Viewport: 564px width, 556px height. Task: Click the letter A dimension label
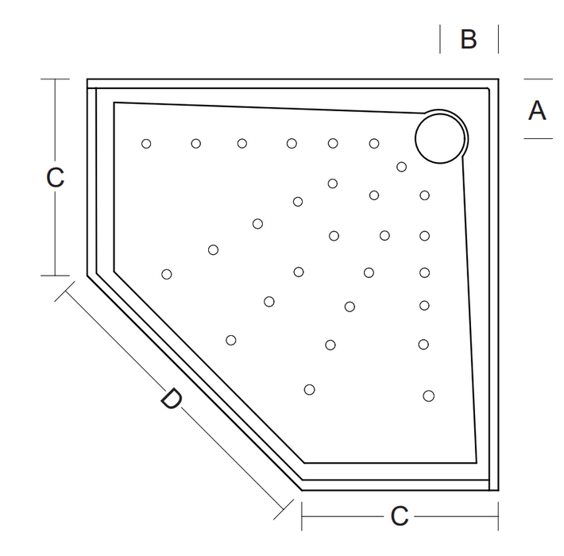pyautogui.click(x=537, y=110)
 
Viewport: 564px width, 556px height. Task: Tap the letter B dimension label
pyautogui.click(x=469, y=39)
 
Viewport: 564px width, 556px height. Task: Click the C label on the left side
pyautogui.click(x=55, y=178)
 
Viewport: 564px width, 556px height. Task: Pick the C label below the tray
pyautogui.click(x=399, y=517)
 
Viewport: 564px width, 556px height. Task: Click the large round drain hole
pyautogui.click(x=439, y=137)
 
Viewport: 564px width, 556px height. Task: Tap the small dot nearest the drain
pyautogui.click(x=402, y=167)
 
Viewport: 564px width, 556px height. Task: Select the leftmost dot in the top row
pyautogui.click(x=146, y=144)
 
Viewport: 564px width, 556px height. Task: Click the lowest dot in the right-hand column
pyautogui.click(x=429, y=396)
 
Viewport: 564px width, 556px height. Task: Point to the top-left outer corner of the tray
pyautogui.click(x=87, y=79)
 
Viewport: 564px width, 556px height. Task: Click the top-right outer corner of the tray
pyautogui.click(x=498, y=79)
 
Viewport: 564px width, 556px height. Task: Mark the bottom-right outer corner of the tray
pyautogui.click(x=498, y=490)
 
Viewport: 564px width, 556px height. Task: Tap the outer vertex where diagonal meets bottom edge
pyautogui.click(x=302, y=490)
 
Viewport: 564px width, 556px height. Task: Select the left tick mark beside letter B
pyautogui.click(x=440, y=39)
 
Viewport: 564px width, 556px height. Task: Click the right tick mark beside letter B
pyautogui.click(x=498, y=39)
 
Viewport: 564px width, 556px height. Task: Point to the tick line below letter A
pyautogui.click(x=538, y=138)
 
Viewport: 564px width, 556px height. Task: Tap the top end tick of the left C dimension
pyautogui.click(x=55, y=79)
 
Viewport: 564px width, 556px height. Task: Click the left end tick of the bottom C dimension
pyautogui.click(x=302, y=517)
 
